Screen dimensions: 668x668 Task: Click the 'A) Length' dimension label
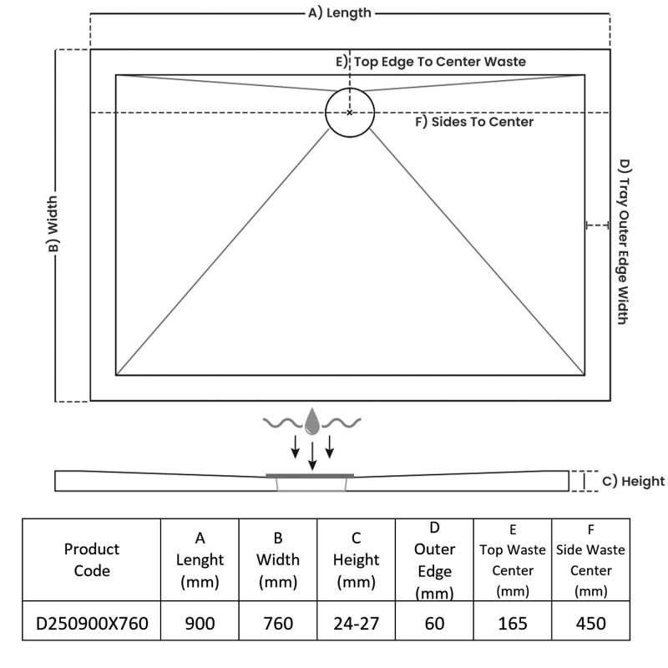click(x=340, y=13)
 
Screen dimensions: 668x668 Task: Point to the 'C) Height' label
click(x=633, y=481)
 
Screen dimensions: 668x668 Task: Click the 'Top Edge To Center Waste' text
click(x=440, y=62)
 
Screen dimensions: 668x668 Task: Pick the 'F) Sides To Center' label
click(x=474, y=122)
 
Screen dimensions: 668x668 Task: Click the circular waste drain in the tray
click(x=350, y=112)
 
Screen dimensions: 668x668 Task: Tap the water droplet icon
click(x=311, y=422)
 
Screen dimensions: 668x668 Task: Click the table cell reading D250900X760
click(x=92, y=624)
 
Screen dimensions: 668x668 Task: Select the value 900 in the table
click(x=200, y=624)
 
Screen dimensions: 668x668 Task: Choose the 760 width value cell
click(x=278, y=624)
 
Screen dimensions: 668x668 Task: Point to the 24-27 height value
click(x=356, y=624)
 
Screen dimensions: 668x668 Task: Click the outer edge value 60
click(x=434, y=624)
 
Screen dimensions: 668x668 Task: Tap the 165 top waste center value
click(x=513, y=624)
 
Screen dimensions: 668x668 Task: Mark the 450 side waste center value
click(x=590, y=624)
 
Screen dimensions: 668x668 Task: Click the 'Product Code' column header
click(x=92, y=559)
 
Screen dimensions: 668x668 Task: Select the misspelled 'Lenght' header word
click(x=200, y=559)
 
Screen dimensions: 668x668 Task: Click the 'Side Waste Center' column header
click(x=590, y=560)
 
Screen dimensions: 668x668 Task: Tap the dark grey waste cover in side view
click(x=311, y=475)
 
